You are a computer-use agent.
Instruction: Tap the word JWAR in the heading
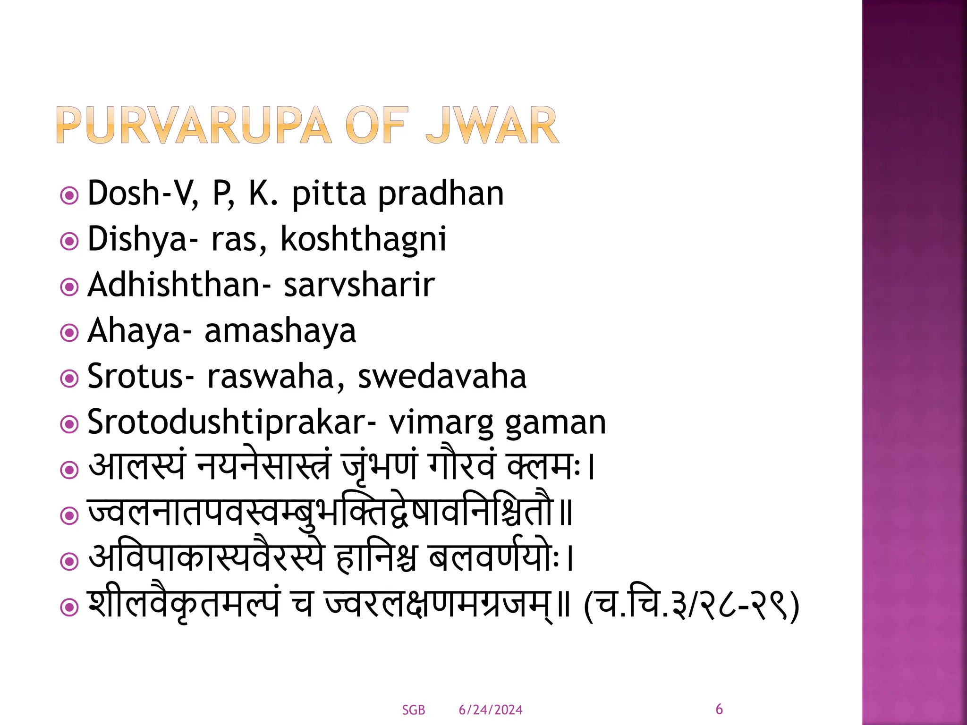click(492, 125)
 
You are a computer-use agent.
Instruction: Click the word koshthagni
click(363, 239)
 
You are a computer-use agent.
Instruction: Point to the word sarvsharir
click(359, 285)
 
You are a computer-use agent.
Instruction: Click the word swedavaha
click(442, 377)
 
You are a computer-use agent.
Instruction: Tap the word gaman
click(555, 422)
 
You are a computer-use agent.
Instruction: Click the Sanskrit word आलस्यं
click(137, 466)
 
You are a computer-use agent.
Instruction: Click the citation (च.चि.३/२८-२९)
click(691, 605)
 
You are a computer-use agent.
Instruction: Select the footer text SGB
click(413, 710)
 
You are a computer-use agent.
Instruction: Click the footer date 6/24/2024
click(490, 710)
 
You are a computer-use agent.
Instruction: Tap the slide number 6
click(719, 709)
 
